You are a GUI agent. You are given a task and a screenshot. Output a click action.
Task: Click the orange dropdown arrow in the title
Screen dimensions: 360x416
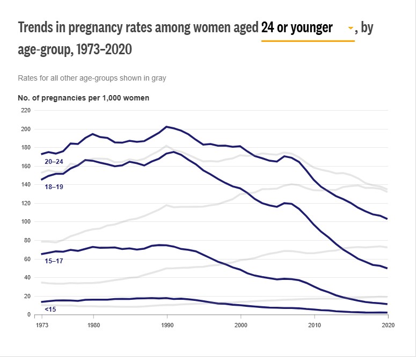click(351, 28)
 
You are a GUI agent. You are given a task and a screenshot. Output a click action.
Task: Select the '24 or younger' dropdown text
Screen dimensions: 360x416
click(296, 27)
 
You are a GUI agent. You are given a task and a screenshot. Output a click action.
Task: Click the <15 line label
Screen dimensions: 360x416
click(50, 309)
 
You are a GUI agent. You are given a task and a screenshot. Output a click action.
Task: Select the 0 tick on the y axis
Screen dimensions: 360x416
click(29, 315)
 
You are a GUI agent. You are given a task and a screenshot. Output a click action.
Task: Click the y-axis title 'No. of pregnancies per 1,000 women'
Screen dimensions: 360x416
click(84, 98)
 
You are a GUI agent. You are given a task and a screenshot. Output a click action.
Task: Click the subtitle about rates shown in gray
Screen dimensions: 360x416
click(92, 78)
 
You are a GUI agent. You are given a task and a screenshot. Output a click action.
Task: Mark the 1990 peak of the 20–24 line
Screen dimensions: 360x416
click(167, 127)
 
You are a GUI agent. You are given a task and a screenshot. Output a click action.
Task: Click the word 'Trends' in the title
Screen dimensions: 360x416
click(37, 27)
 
